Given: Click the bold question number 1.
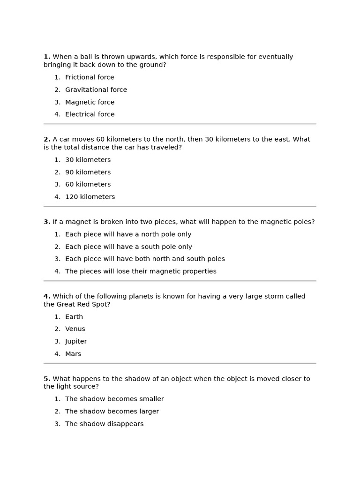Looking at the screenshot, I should (x=47, y=57).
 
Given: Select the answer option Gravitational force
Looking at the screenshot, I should (x=96, y=90).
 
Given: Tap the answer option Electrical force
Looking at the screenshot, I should (x=90, y=114).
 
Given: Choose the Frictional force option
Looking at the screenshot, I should (x=90, y=77).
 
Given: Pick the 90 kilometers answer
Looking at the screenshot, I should (x=88, y=172).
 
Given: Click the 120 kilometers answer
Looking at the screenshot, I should (x=90, y=197).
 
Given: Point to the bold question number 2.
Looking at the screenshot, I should (x=47, y=139).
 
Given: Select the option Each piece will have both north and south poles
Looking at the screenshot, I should (x=145, y=259).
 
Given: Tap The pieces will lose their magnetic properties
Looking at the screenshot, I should (x=141, y=271).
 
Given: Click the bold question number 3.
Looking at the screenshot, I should (x=47, y=222).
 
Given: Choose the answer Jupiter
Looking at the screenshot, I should (x=76, y=341).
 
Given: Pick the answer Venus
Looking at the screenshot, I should (x=75, y=329).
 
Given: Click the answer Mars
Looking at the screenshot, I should (x=73, y=354).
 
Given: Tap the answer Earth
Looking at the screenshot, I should (x=74, y=317).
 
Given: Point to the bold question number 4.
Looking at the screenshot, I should (x=47, y=296).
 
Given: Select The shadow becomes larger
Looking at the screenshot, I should (x=112, y=412).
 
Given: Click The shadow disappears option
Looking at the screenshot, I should (x=104, y=424).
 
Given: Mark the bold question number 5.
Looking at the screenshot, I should (x=47, y=379).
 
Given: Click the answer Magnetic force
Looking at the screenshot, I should (x=90, y=102).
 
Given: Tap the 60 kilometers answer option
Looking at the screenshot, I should (x=88, y=185).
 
